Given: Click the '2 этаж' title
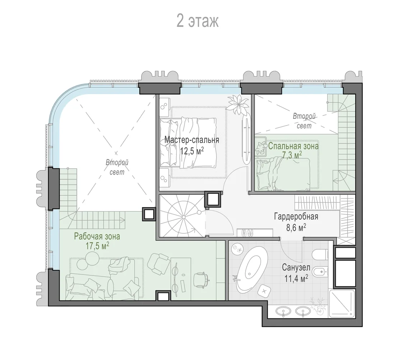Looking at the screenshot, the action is click(x=197, y=21).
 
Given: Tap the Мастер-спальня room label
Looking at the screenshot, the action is click(x=192, y=140).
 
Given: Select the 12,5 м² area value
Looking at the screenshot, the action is click(x=192, y=151).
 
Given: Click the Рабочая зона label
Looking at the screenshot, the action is click(x=97, y=237).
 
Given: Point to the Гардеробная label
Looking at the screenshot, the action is click(x=296, y=216).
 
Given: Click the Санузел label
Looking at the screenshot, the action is click(x=296, y=267).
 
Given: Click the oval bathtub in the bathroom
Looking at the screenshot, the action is click(x=250, y=269).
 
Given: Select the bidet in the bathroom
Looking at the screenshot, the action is click(x=320, y=272).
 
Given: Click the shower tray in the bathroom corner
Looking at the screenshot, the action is click(x=342, y=303).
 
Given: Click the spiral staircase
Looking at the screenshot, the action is click(x=183, y=216).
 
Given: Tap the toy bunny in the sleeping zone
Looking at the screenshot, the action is click(x=261, y=148).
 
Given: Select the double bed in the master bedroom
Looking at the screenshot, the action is click(x=188, y=143).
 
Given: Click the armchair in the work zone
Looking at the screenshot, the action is click(x=158, y=264).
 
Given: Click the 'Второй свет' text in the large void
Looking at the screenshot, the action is click(x=117, y=167).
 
